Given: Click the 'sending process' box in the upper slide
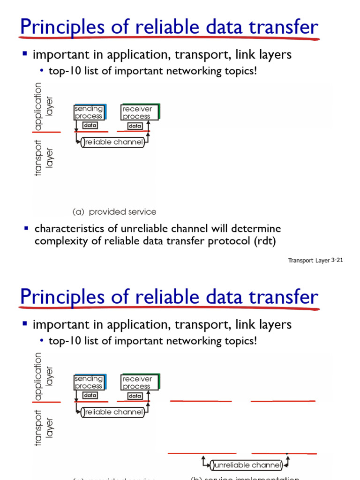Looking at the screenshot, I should (x=89, y=112).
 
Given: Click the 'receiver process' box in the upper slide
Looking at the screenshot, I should (x=137, y=112).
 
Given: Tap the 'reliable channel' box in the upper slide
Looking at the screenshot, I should (x=112, y=142).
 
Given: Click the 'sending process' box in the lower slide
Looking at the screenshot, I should (x=89, y=382).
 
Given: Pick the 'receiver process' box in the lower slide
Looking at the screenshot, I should (x=137, y=382).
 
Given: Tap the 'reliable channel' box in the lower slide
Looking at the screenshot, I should (x=112, y=412).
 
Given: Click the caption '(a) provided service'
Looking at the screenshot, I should (x=114, y=212).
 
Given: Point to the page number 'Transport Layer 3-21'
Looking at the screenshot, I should (x=315, y=261).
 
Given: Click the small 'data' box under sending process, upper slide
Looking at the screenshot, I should (x=90, y=126).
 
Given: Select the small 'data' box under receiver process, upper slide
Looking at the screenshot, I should (x=135, y=126).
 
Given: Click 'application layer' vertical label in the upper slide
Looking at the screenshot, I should (x=44, y=106).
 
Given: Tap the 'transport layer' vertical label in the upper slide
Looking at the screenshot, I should (x=44, y=158).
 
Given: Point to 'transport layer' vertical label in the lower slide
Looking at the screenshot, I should (x=44, y=427).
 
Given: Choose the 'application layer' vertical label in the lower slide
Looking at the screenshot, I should (x=44, y=376).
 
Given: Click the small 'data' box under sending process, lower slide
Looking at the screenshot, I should (x=90, y=396).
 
